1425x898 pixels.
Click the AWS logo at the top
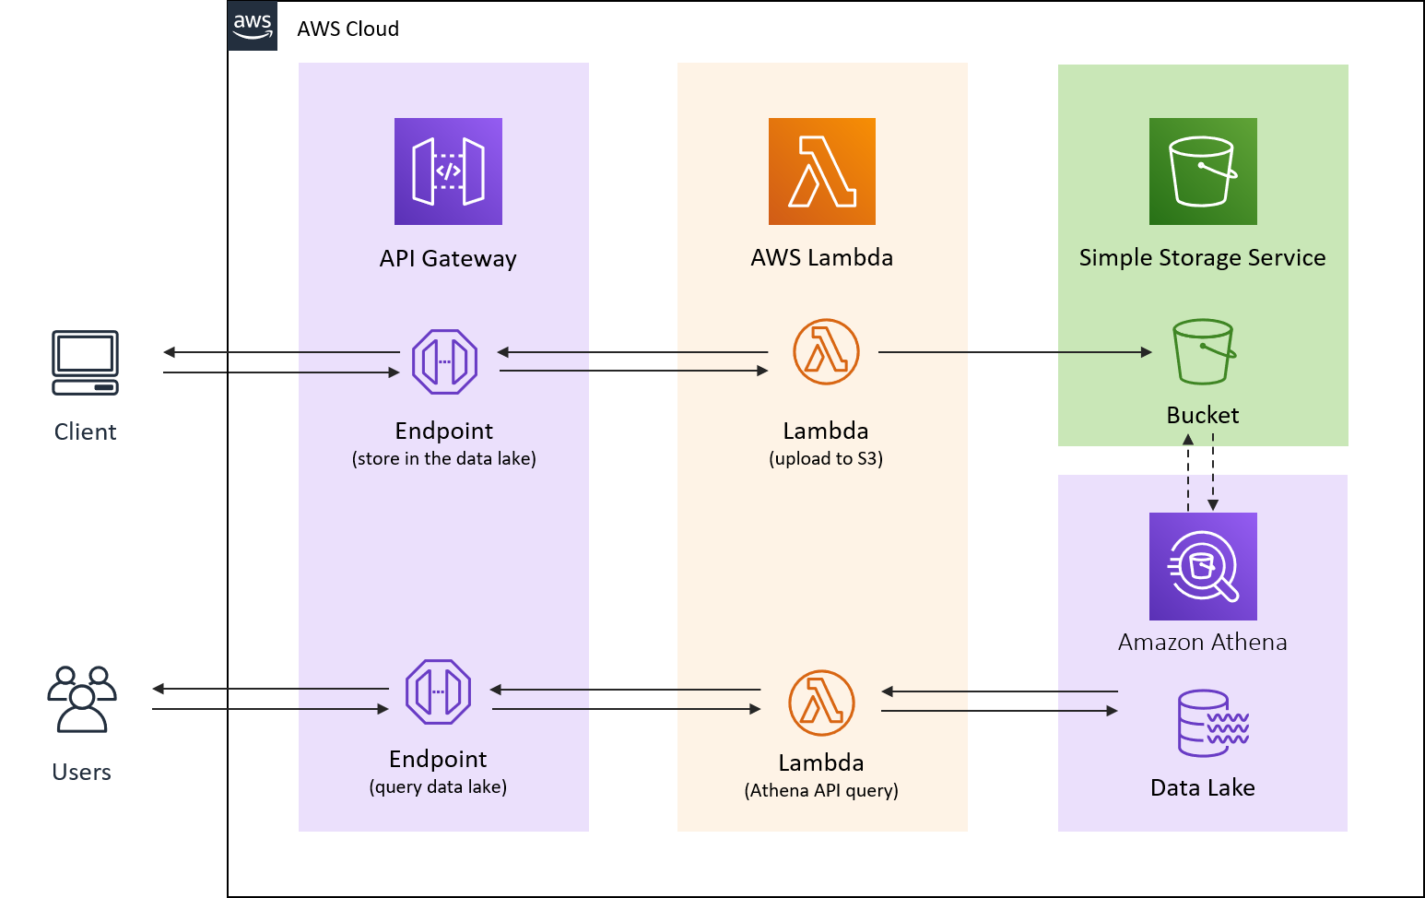click(252, 26)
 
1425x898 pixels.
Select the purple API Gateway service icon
click(448, 171)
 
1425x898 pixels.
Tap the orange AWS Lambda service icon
click(821, 171)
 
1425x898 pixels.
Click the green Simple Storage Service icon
click(1203, 171)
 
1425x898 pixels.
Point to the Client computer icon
click(85, 362)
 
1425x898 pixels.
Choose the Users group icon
click(82, 699)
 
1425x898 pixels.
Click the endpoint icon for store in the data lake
click(444, 362)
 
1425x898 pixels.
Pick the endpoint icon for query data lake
click(438, 691)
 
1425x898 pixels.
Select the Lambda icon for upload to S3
click(826, 352)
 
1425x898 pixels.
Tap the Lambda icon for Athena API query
click(821, 703)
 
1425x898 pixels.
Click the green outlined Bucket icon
click(1203, 351)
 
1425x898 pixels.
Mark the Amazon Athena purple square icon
click(1203, 566)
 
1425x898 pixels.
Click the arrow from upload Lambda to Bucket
click(1014, 352)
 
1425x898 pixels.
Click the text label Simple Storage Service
click(1202, 258)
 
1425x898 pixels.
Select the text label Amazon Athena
click(1202, 643)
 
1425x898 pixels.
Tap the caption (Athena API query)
click(821, 791)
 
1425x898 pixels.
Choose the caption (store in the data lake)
click(443, 459)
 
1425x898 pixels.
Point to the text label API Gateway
click(448, 259)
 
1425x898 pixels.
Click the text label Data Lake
click(1202, 788)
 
